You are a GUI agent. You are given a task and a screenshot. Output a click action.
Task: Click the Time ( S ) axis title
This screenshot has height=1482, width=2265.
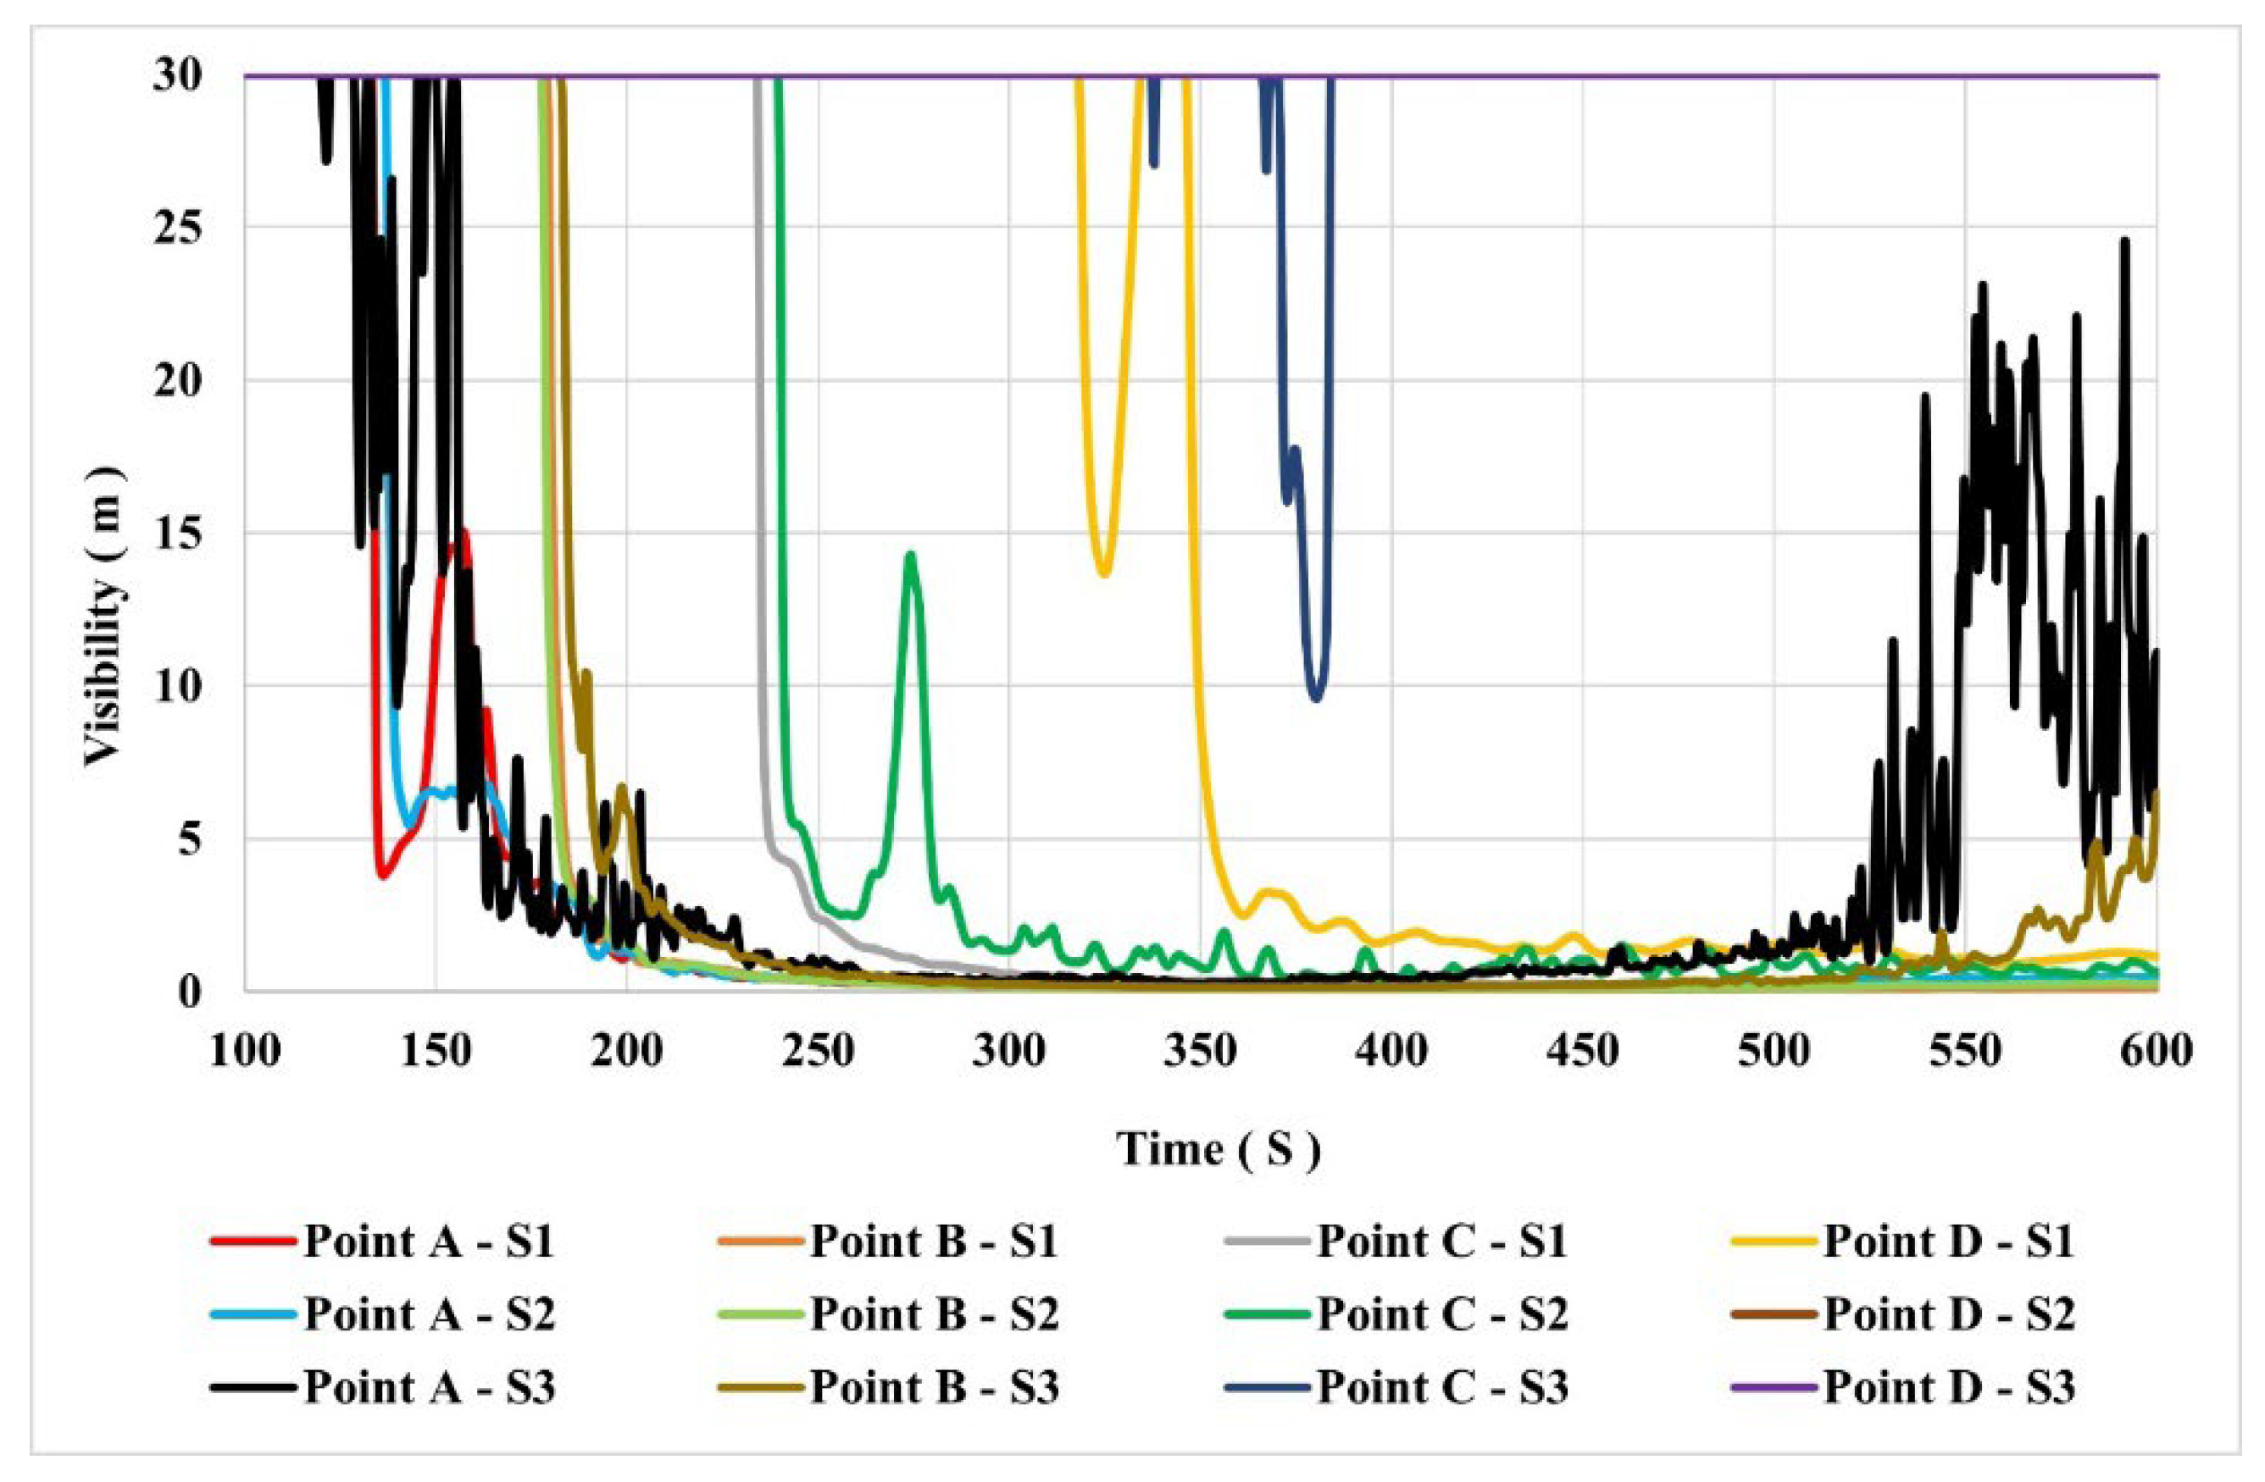tap(1219, 1149)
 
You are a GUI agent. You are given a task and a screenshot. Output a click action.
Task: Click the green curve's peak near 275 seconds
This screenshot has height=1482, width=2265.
tap(911, 555)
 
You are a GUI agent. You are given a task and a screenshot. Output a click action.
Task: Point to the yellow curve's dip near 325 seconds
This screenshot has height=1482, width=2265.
tap(1104, 573)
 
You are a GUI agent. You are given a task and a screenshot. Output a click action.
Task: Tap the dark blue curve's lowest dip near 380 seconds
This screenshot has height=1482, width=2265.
tap(1316, 700)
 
